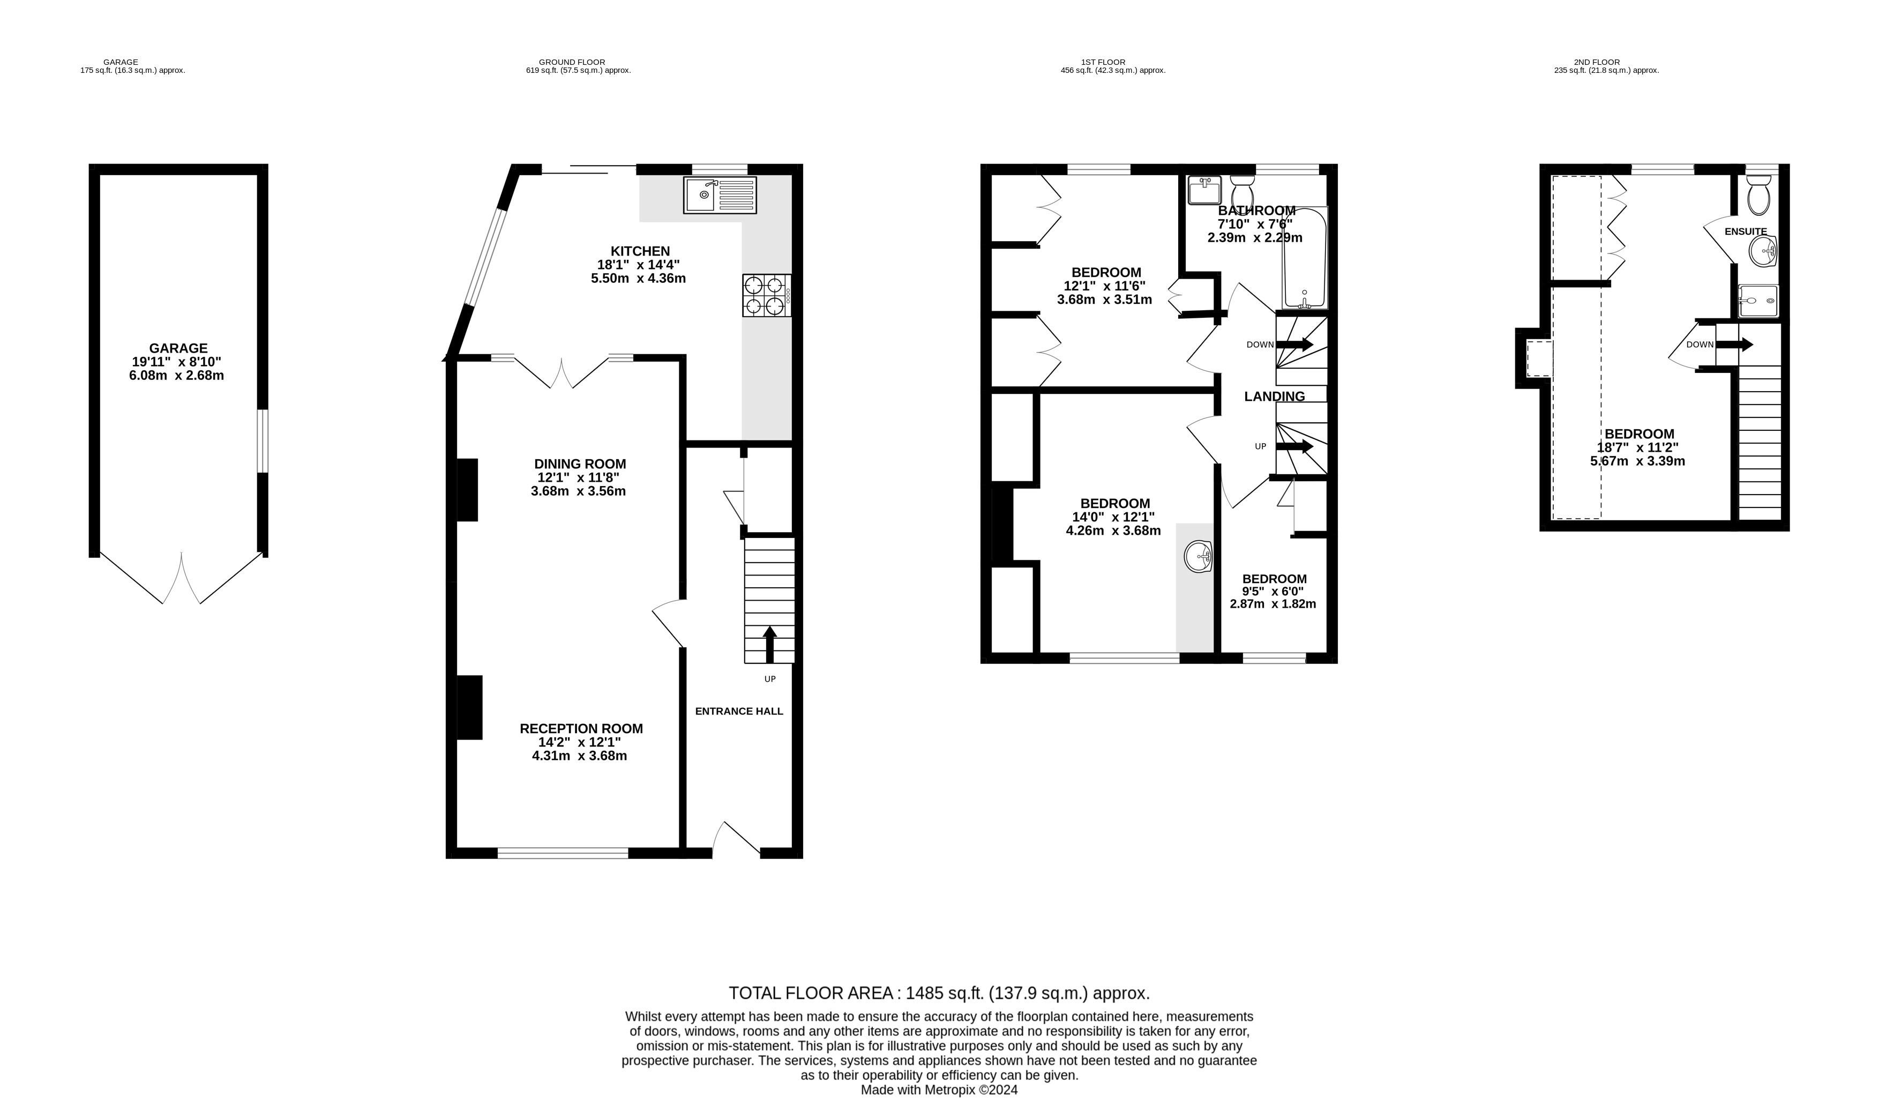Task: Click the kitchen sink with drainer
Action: [x=720, y=195]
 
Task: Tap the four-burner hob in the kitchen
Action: [x=766, y=296]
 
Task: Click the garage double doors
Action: [x=181, y=578]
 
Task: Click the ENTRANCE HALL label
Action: [x=739, y=712]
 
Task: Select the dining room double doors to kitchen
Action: [x=562, y=372]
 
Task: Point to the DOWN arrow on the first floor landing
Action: [x=1294, y=345]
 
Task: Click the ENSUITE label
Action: [x=1746, y=231]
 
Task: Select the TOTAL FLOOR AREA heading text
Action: [x=939, y=994]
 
